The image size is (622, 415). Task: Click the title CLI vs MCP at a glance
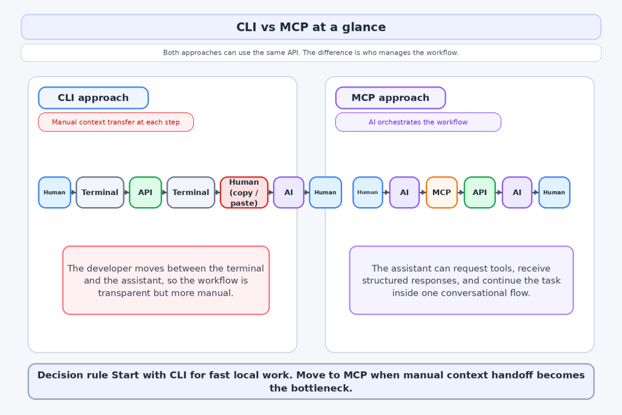click(x=311, y=27)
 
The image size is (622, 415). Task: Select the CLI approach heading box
click(x=93, y=98)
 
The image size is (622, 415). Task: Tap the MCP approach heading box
click(x=391, y=98)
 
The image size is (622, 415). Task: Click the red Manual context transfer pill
click(x=116, y=122)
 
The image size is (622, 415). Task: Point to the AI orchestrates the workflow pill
click(x=418, y=122)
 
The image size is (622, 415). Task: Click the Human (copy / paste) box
click(x=244, y=193)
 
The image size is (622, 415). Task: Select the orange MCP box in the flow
click(x=442, y=193)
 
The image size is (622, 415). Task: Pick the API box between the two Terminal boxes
click(x=145, y=193)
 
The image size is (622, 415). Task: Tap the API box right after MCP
click(x=480, y=193)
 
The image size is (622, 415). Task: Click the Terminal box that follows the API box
click(x=191, y=193)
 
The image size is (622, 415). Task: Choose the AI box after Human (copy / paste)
click(x=289, y=193)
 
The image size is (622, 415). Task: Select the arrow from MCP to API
click(x=460, y=193)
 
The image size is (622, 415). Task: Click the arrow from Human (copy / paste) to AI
click(x=271, y=193)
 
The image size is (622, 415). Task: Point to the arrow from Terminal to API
click(x=126, y=193)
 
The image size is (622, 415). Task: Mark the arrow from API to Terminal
click(x=165, y=193)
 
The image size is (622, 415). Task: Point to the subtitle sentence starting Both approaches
click(x=311, y=53)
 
